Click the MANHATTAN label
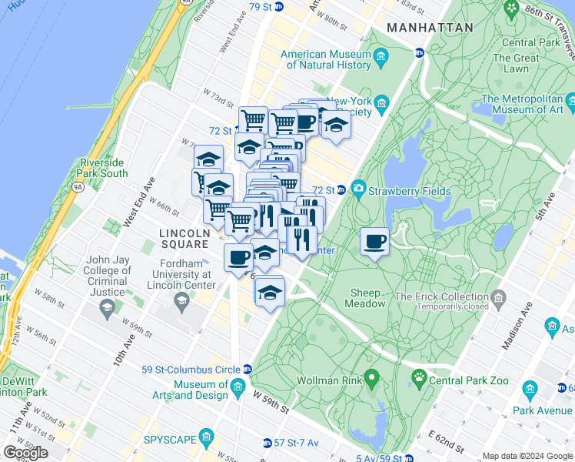tap(430, 27)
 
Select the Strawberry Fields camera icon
tap(358, 189)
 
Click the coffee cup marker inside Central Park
tap(374, 242)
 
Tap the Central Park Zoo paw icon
tap(419, 377)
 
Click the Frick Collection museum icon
tap(500, 297)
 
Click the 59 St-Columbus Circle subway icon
tap(247, 370)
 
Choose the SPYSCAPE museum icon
tap(206, 439)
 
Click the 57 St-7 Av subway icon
tap(267, 443)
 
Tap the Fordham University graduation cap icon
tap(182, 299)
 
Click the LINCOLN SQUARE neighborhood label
tap(184, 238)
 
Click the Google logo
tap(25, 452)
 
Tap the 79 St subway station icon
tap(278, 7)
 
